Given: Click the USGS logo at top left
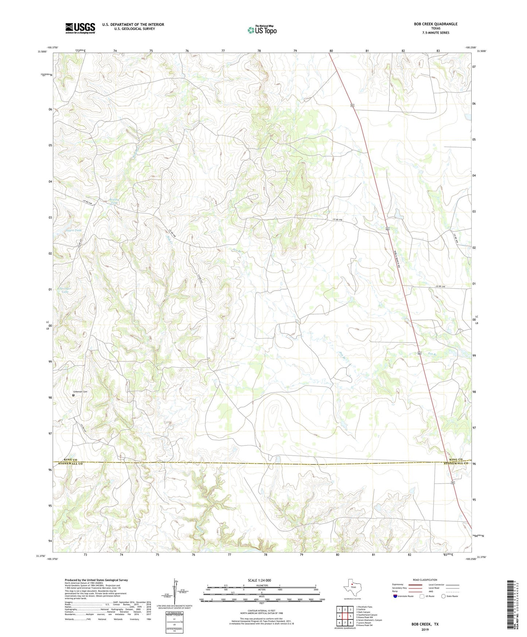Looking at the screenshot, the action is (80, 28).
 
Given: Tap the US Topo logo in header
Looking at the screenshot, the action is (262, 30).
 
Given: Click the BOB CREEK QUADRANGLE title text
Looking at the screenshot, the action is (435, 24).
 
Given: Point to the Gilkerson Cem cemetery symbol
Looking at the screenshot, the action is (73, 395).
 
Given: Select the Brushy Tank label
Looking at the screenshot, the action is (114, 201).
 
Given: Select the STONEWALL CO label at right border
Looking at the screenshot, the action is (456, 463).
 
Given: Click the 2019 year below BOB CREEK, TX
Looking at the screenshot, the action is (425, 629).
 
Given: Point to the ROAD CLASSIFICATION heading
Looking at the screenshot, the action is (425, 580).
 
